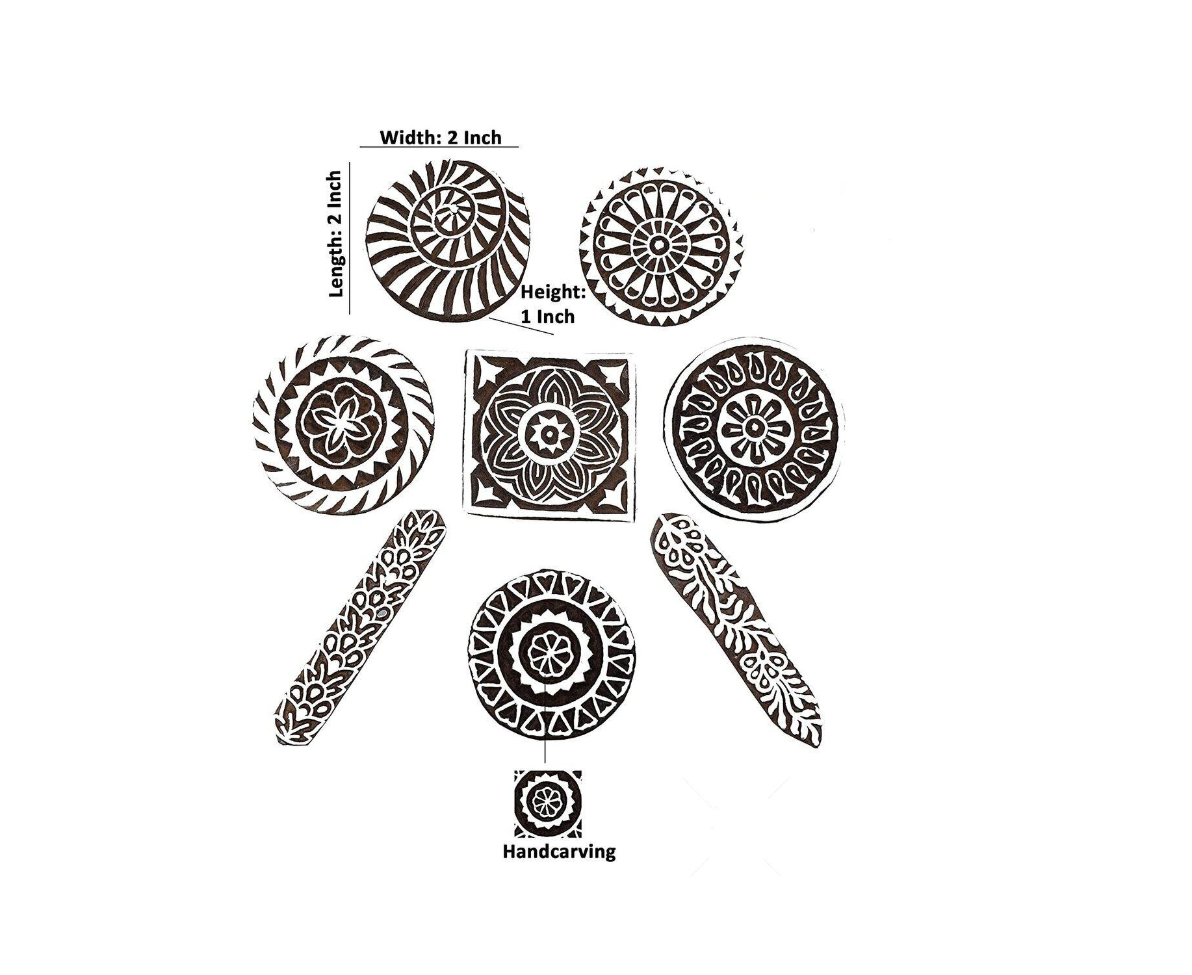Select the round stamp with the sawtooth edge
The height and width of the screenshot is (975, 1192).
[x=661, y=246]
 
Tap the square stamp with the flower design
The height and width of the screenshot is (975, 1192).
[x=548, y=434]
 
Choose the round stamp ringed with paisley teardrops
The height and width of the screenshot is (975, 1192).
[x=754, y=428]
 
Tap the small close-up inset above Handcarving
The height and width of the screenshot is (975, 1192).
[x=547, y=803]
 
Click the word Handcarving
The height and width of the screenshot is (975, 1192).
[x=559, y=851]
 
